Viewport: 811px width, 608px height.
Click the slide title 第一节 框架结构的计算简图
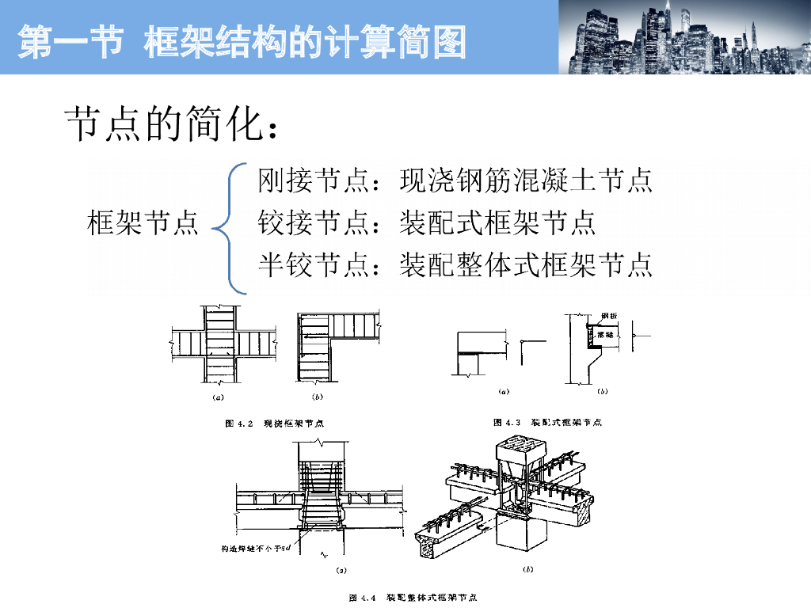242,41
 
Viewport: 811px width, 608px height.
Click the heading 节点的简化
171,125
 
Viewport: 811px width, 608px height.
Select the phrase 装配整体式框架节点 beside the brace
527,265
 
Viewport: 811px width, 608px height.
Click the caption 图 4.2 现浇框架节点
274,424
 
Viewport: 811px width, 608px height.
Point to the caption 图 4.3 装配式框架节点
547,423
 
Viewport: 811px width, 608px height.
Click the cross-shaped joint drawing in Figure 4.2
223,344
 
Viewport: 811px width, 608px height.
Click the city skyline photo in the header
684,37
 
